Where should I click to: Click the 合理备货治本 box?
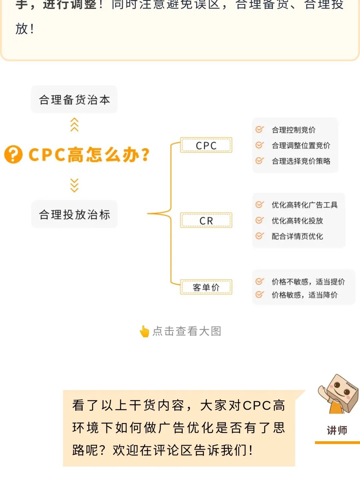pyautogui.click(x=74, y=99)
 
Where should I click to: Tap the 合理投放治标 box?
pyautogui.click(x=74, y=214)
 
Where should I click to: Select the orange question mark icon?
pyautogui.click(x=13, y=154)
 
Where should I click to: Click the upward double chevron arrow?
pyautogui.click(x=74, y=124)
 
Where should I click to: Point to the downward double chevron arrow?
pyautogui.click(x=74, y=185)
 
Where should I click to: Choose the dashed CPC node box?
pyautogui.click(x=206, y=145)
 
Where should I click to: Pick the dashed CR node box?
pyautogui.click(x=206, y=220)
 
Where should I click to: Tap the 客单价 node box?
pyautogui.click(x=206, y=287)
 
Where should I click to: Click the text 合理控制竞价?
pyautogui.click(x=293, y=130)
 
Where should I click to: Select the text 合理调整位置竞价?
pyautogui.click(x=301, y=145)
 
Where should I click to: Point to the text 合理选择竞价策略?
pyautogui.click(x=301, y=161)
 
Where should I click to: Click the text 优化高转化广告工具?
pyautogui.click(x=304, y=205)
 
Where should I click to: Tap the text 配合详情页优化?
pyautogui.click(x=297, y=236)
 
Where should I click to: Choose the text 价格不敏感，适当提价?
pyautogui.click(x=308, y=282)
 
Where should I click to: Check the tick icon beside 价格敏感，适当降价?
pyautogui.click(x=259, y=295)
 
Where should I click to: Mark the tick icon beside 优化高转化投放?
pyautogui.click(x=259, y=220)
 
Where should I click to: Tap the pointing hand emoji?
pyautogui.click(x=144, y=331)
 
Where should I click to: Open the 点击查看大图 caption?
pyautogui.click(x=187, y=331)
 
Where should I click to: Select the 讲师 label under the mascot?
pyautogui.click(x=337, y=430)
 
